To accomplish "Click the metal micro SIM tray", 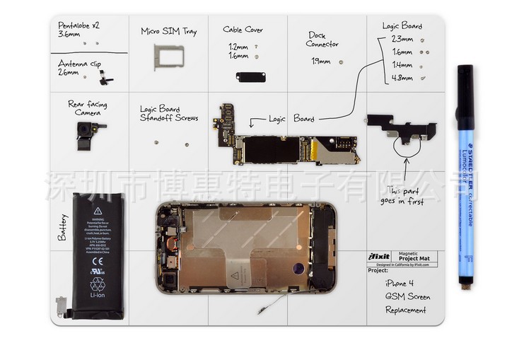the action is pyautogui.click(x=169, y=57).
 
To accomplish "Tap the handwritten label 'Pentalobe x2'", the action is pyautogui.click(x=79, y=25).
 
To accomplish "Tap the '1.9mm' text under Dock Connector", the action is pyautogui.click(x=320, y=62).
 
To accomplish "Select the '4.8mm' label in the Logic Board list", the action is pyautogui.click(x=402, y=78).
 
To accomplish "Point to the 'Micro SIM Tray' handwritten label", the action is pyautogui.click(x=168, y=31).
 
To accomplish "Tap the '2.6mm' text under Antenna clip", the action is pyautogui.click(x=68, y=72).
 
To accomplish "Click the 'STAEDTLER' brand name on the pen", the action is pyautogui.click(x=467, y=161).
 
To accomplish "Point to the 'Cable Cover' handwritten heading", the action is pyautogui.click(x=243, y=30).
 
